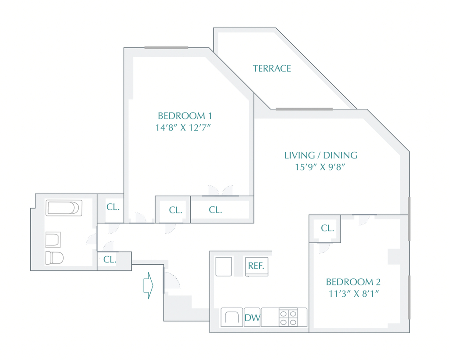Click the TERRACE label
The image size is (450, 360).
pyautogui.click(x=272, y=68)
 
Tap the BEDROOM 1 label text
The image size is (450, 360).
pyautogui.click(x=185, y=116)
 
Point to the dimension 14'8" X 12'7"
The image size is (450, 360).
pyautogui.click(x=183, y=128)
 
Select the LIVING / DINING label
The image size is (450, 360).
pyautogui.click(x=321, y=155)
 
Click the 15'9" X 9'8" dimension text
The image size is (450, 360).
pyautogui.click(x=320, y=167)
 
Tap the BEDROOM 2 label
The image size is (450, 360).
pyautogui.click(x=353, y=282)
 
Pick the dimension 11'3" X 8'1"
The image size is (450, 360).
pyautogui.click(x=354, y=294)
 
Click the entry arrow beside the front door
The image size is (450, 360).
pyautogui.click(x=148, y=285)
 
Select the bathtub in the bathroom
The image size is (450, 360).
pyautogui.click(x=64, y=208)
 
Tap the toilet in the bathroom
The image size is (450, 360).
pyautogui.click(x=54, y=258)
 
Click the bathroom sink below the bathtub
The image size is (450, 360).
pyautogui.click(x=53, y=240)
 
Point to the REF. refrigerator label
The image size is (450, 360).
pyautogui.click(x=256, y=266)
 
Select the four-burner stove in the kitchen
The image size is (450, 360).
pyautogui.click(x=288, y=317)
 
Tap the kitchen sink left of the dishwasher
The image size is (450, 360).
pyautogui.click(x=232, y=317)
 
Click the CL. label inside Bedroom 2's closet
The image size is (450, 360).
pyautogui.click(x=327, y=228)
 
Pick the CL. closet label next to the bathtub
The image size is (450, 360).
pyautogui.click(x=113, y=207)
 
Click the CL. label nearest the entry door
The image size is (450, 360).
pyautogui.click(x=109, y=259)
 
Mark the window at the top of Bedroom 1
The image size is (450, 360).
pyautogui.click(x=166, y=48)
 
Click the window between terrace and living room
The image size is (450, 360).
pyautogui.click(x=304, y=109)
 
